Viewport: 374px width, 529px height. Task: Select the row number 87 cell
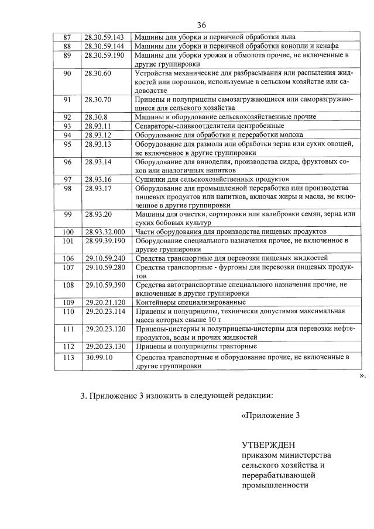pyautogui.click(x=67, y=37)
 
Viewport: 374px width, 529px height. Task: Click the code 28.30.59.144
pyautogui.click(x=104, y=46)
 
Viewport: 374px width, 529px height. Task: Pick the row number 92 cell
pyautogui.click(x=67, y=117)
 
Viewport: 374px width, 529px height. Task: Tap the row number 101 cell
pyautogui.click(x=67, y=241)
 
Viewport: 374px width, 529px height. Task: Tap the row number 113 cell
pyautogui.click(x=67, y=356)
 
